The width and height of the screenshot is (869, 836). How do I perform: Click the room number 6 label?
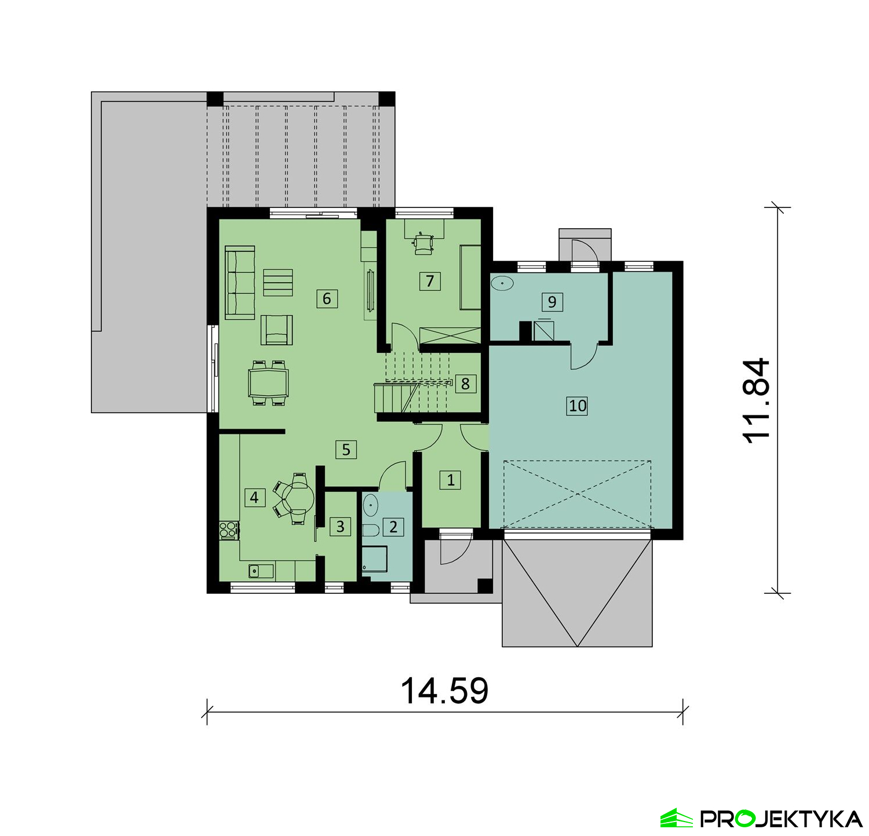[x=327, y=298]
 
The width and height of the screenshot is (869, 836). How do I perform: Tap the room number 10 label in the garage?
[x=578, y=406]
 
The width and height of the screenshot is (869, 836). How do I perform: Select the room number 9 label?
[x=552, y=301]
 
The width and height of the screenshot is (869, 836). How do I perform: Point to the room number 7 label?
[x=430, y=281]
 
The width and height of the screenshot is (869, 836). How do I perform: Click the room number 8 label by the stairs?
[x=465, y=384]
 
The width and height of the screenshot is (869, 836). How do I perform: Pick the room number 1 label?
[x=451, y=480]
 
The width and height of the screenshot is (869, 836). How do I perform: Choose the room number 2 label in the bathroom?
[x=394, y=527]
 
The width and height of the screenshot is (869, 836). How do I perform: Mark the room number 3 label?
[x=340, y=526]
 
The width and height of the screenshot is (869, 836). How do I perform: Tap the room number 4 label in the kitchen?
[x=254, y=497]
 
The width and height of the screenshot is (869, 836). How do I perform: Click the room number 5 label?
[x=346, y=450]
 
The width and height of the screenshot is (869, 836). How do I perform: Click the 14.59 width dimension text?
[x=445, y=691]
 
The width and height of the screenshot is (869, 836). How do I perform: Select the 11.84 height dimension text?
[x=757, y=401]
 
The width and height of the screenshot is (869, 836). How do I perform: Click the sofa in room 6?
[x=240, y=282]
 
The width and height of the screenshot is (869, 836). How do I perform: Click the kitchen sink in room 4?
[x=261, y=571]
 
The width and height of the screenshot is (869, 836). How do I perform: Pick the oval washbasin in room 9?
[x=502, y=284]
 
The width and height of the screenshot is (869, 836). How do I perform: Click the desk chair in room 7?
[x=423, y=243]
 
